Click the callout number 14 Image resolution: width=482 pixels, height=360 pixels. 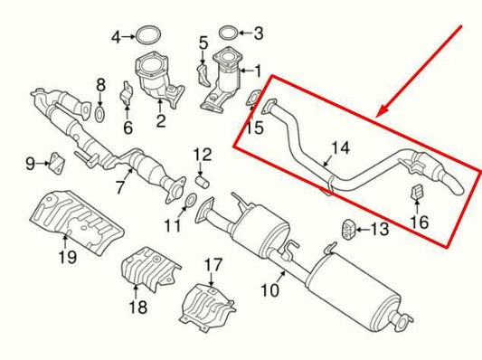(x=339, y=147)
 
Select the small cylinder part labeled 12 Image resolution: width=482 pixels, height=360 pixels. (x=203, y=175)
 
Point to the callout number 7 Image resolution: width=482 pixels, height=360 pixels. (x=118, y=187)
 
